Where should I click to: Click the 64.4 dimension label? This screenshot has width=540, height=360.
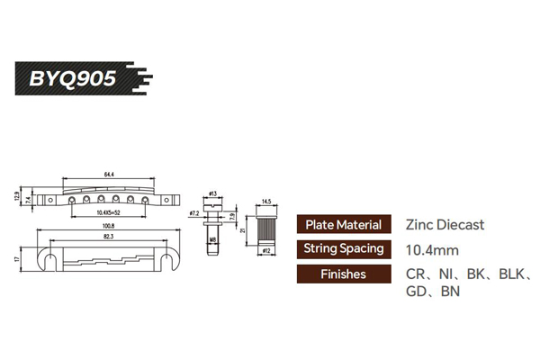tap(109, 173)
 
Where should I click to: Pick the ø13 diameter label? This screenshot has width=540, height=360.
tap(213, 193)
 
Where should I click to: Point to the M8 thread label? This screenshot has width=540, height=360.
tap(212, 240)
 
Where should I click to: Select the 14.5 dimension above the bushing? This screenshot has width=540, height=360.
tap(266, 202)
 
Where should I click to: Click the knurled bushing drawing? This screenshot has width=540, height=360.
tap(266, 227)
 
